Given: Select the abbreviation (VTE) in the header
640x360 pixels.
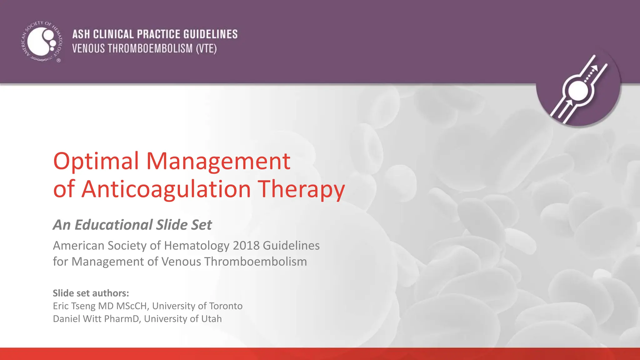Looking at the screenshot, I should click(x=206, y=49).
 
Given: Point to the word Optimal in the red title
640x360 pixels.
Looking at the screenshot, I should click(x=96, y=161).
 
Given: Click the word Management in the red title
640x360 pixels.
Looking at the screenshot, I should click(x=218, y=161).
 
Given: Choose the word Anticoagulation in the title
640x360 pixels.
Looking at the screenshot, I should click(x=166, y=189).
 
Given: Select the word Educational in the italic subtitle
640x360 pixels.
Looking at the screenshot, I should click(x=114, y=225).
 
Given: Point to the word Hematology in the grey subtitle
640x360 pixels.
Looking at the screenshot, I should click(x=197, y=246).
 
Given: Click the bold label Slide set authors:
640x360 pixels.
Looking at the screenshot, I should click(x=91, y=293).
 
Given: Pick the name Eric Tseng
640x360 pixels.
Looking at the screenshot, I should click(x=74, y=306).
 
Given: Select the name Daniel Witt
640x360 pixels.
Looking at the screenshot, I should click(x=77, y=319).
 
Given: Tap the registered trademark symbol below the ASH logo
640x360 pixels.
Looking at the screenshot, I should click(x=58, y=61).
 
